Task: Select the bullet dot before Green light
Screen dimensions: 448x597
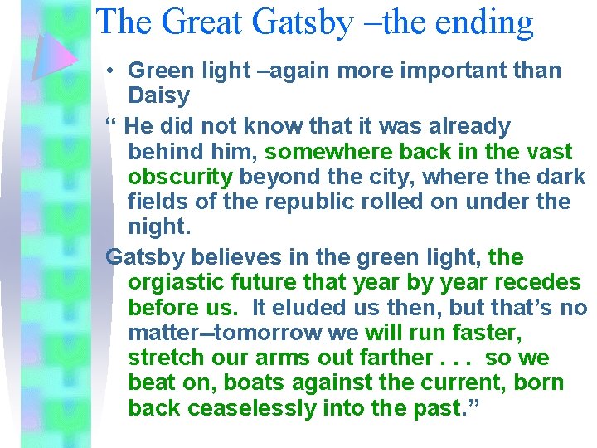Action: (x=110, y=71)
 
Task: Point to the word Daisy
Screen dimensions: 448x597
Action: (x=159, y=96)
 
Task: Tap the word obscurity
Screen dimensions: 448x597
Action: (x=181, y=178)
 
